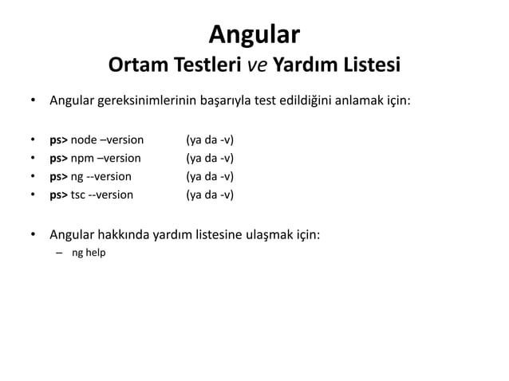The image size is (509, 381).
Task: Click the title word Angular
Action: (254, 34)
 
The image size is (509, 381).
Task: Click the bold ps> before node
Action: (58, 140)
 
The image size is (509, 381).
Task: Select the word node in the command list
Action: (84, 140)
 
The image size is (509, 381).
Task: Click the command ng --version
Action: (101, 176)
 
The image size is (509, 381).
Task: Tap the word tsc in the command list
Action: (79, 194)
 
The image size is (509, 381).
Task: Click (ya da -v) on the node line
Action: (209, 140)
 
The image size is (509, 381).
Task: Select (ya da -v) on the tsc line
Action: (209, 194)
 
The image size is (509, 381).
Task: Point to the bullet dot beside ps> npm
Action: (33, 158)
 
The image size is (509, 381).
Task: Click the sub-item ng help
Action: (89, 253)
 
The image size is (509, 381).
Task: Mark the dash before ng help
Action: (58, 253)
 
